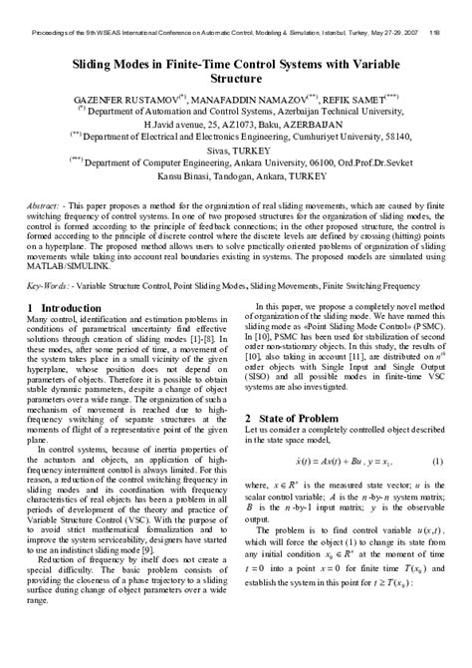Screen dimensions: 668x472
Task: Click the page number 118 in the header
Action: click(x=435, y=31)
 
